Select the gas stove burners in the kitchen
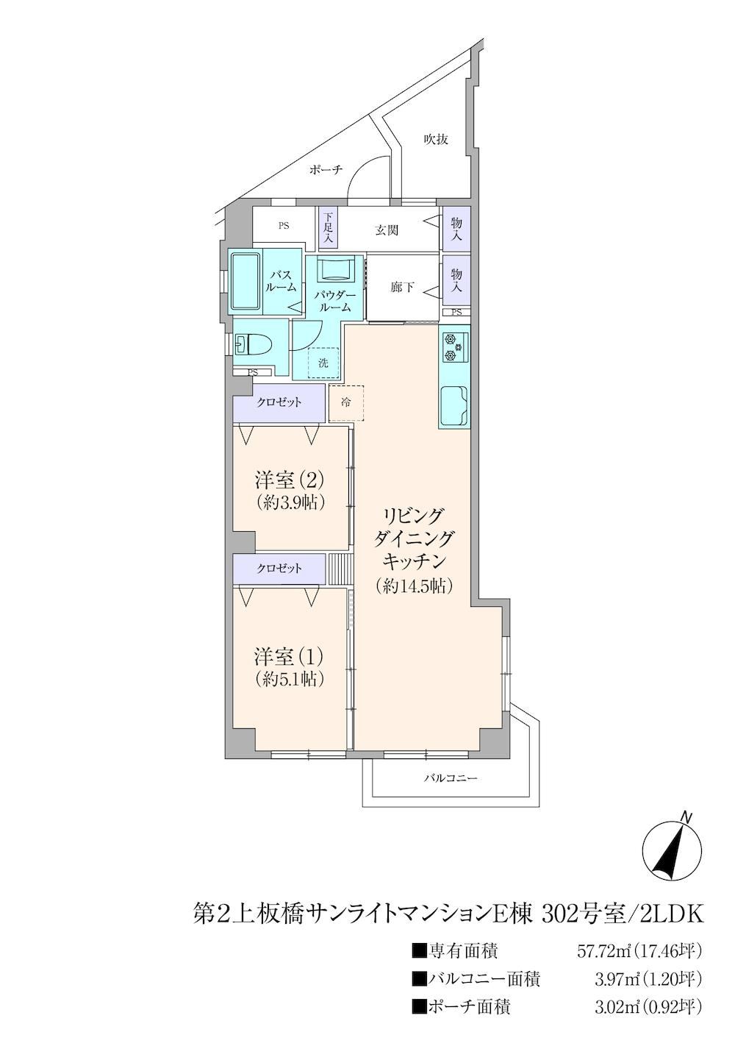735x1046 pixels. [x=453, y=346]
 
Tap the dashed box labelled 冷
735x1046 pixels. [x=345, y=403]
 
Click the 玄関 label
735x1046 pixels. [x=387, y=230]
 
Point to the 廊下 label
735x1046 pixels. [x=402, y=287]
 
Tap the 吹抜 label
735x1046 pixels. [x=436, y=139]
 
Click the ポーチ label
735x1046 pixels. [x=326, y=169]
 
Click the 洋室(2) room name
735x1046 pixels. [x=290, y=479]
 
